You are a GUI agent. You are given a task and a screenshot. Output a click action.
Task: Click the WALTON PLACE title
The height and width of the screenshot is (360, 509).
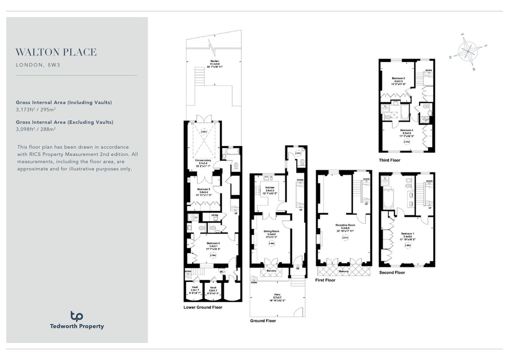click(x=56, y=53)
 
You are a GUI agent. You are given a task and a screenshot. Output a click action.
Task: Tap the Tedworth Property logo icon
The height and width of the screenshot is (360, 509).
click(x=76, y=316)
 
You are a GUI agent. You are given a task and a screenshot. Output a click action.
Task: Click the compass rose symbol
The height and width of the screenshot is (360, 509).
click(x=468, y=51)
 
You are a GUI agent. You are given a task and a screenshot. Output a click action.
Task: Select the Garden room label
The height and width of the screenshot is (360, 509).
click(x=214, y=62)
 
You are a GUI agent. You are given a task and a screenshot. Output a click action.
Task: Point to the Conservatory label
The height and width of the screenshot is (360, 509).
click(x=203, y=160)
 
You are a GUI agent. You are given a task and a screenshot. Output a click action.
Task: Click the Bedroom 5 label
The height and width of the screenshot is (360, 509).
click(x=203, y=189)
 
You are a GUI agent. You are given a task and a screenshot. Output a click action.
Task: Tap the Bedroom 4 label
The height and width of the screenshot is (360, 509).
click(x=214, y=243)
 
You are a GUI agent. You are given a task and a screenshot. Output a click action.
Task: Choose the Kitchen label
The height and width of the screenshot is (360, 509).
click(x=270, y=188)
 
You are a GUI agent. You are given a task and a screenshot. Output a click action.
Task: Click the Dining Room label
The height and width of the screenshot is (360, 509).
click(x=271, y=231)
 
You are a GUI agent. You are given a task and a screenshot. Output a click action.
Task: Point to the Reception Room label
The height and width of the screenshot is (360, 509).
click(x=345, y=225)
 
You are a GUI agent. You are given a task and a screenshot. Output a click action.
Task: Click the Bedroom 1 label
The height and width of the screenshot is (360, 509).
click(x=407, y=233)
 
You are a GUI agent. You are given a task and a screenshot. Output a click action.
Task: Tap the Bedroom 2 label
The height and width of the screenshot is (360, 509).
click(x=406, y=130)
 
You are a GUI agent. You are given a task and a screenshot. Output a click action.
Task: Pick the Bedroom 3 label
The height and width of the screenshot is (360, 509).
click(x=398, y=78)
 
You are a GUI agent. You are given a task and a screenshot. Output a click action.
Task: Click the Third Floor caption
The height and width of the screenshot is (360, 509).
click(x=389, y=160)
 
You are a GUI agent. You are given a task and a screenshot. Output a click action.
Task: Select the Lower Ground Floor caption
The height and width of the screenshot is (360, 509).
click(x=203, y=307)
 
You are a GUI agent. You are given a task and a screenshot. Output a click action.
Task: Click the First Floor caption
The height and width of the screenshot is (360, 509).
click(x=326, y=280)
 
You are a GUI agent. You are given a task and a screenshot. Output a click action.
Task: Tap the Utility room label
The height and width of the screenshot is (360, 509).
click(x=215, y=215)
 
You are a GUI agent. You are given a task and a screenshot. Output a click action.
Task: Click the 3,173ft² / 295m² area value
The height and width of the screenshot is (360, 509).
click(x=36, y=109)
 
